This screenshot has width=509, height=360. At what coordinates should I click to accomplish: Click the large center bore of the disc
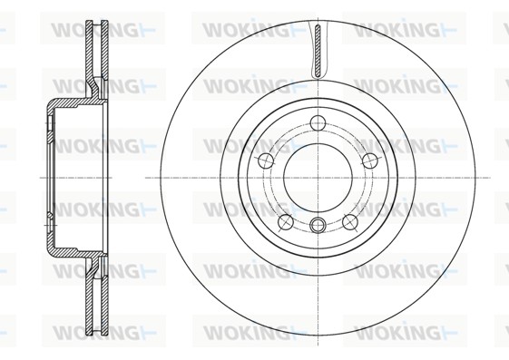click(x=318, y=178)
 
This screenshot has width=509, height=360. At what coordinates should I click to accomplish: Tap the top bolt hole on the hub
click(x=318, y=122)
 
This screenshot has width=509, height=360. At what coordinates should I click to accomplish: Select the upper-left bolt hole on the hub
click(x=266, y=161)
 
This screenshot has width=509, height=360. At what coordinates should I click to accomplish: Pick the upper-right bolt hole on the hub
click(x=370, y=161)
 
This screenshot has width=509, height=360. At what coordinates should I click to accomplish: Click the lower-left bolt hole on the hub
click(x=286, y=222)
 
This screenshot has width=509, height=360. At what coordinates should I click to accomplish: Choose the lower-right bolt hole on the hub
click(x=350, y=222)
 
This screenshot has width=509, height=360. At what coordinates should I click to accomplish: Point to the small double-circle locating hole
click(x=318, y=225)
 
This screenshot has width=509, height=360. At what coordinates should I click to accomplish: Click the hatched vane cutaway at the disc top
click(x=318, y=52)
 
